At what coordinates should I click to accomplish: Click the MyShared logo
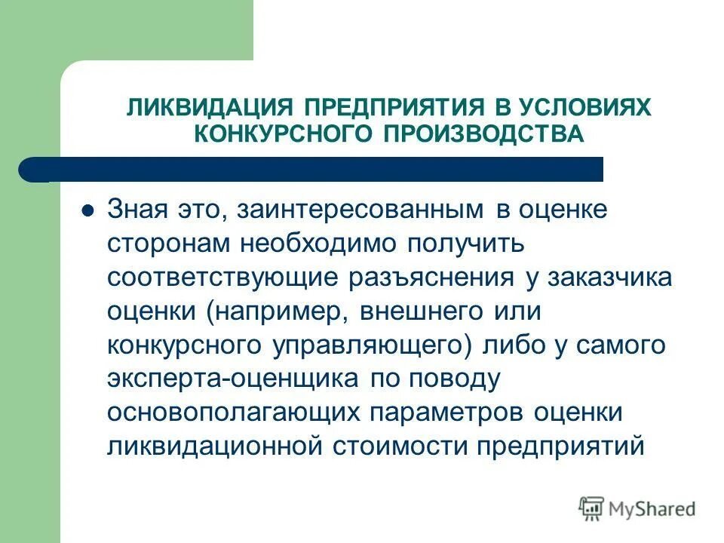[x=637, y=508]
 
